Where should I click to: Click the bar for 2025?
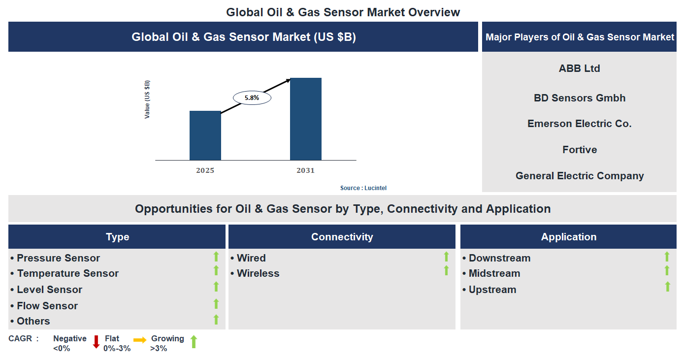(x=205, y=135)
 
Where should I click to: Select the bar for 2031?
(x=305, y=119)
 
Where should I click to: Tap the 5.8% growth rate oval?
(x=252, y=98)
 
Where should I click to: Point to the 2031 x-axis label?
(x=305, y=170)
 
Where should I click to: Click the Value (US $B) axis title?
(x=147, y=99)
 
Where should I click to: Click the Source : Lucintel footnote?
(x=366, y=188)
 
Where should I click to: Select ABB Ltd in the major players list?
(x=579, y=68)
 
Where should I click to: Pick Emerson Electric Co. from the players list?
(x=579, y=124)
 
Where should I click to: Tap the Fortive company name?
(x=579, y=150)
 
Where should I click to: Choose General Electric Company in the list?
(x=579, y=176)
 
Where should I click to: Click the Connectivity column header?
(x=342, y=237)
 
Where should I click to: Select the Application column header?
(x=568, y=237)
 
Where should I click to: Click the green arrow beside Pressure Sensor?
(x=216, y=257)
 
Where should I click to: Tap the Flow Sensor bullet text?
(x=47, y=306)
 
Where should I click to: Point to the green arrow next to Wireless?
(x=446, y=270)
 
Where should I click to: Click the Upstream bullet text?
(x=492, y=290)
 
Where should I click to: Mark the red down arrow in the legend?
(x=96, y=342)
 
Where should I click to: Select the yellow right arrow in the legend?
(x=140, y=340)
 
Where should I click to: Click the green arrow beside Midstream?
(x=667, y=270)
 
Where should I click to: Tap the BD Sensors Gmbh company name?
(x=579, y=98)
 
